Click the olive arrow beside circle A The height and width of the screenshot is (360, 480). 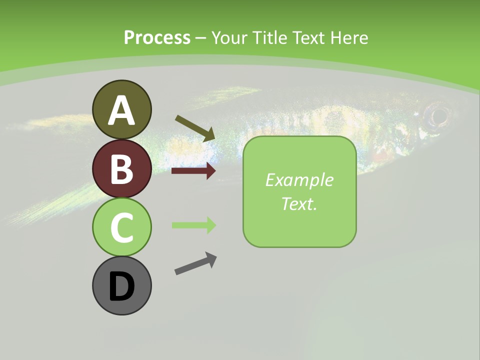(x=195, y=127)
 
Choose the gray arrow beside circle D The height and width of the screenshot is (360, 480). (x=195, y=263)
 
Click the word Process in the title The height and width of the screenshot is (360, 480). (x=157, y=37)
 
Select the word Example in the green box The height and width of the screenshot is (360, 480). (x=299, y=180)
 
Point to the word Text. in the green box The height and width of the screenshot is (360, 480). (x=299, y=203)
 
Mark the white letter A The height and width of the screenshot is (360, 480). (x=121, y=110)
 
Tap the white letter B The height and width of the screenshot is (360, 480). (x=121, y=169)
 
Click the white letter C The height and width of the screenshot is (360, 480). (x=121, y=228)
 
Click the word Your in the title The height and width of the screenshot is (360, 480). (x=228, y=37)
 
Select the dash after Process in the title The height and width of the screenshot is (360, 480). (x=200, y=38)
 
